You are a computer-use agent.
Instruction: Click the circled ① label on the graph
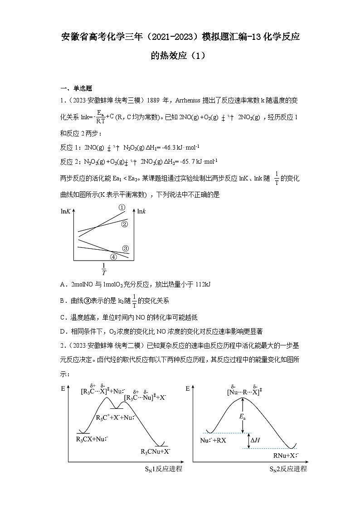[x=122, y=208]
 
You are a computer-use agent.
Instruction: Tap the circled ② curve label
[x=125, y=224]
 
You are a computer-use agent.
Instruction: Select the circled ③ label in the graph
[x=126, y=248]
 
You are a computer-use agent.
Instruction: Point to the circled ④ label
[x=114, y=257]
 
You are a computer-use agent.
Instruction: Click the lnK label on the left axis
[x=66, y=211]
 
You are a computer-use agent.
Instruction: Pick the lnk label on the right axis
[x=141, y=211]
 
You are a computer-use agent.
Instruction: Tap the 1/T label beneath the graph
[x=103, y=269]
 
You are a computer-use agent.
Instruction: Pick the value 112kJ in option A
[x=203, y=285]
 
